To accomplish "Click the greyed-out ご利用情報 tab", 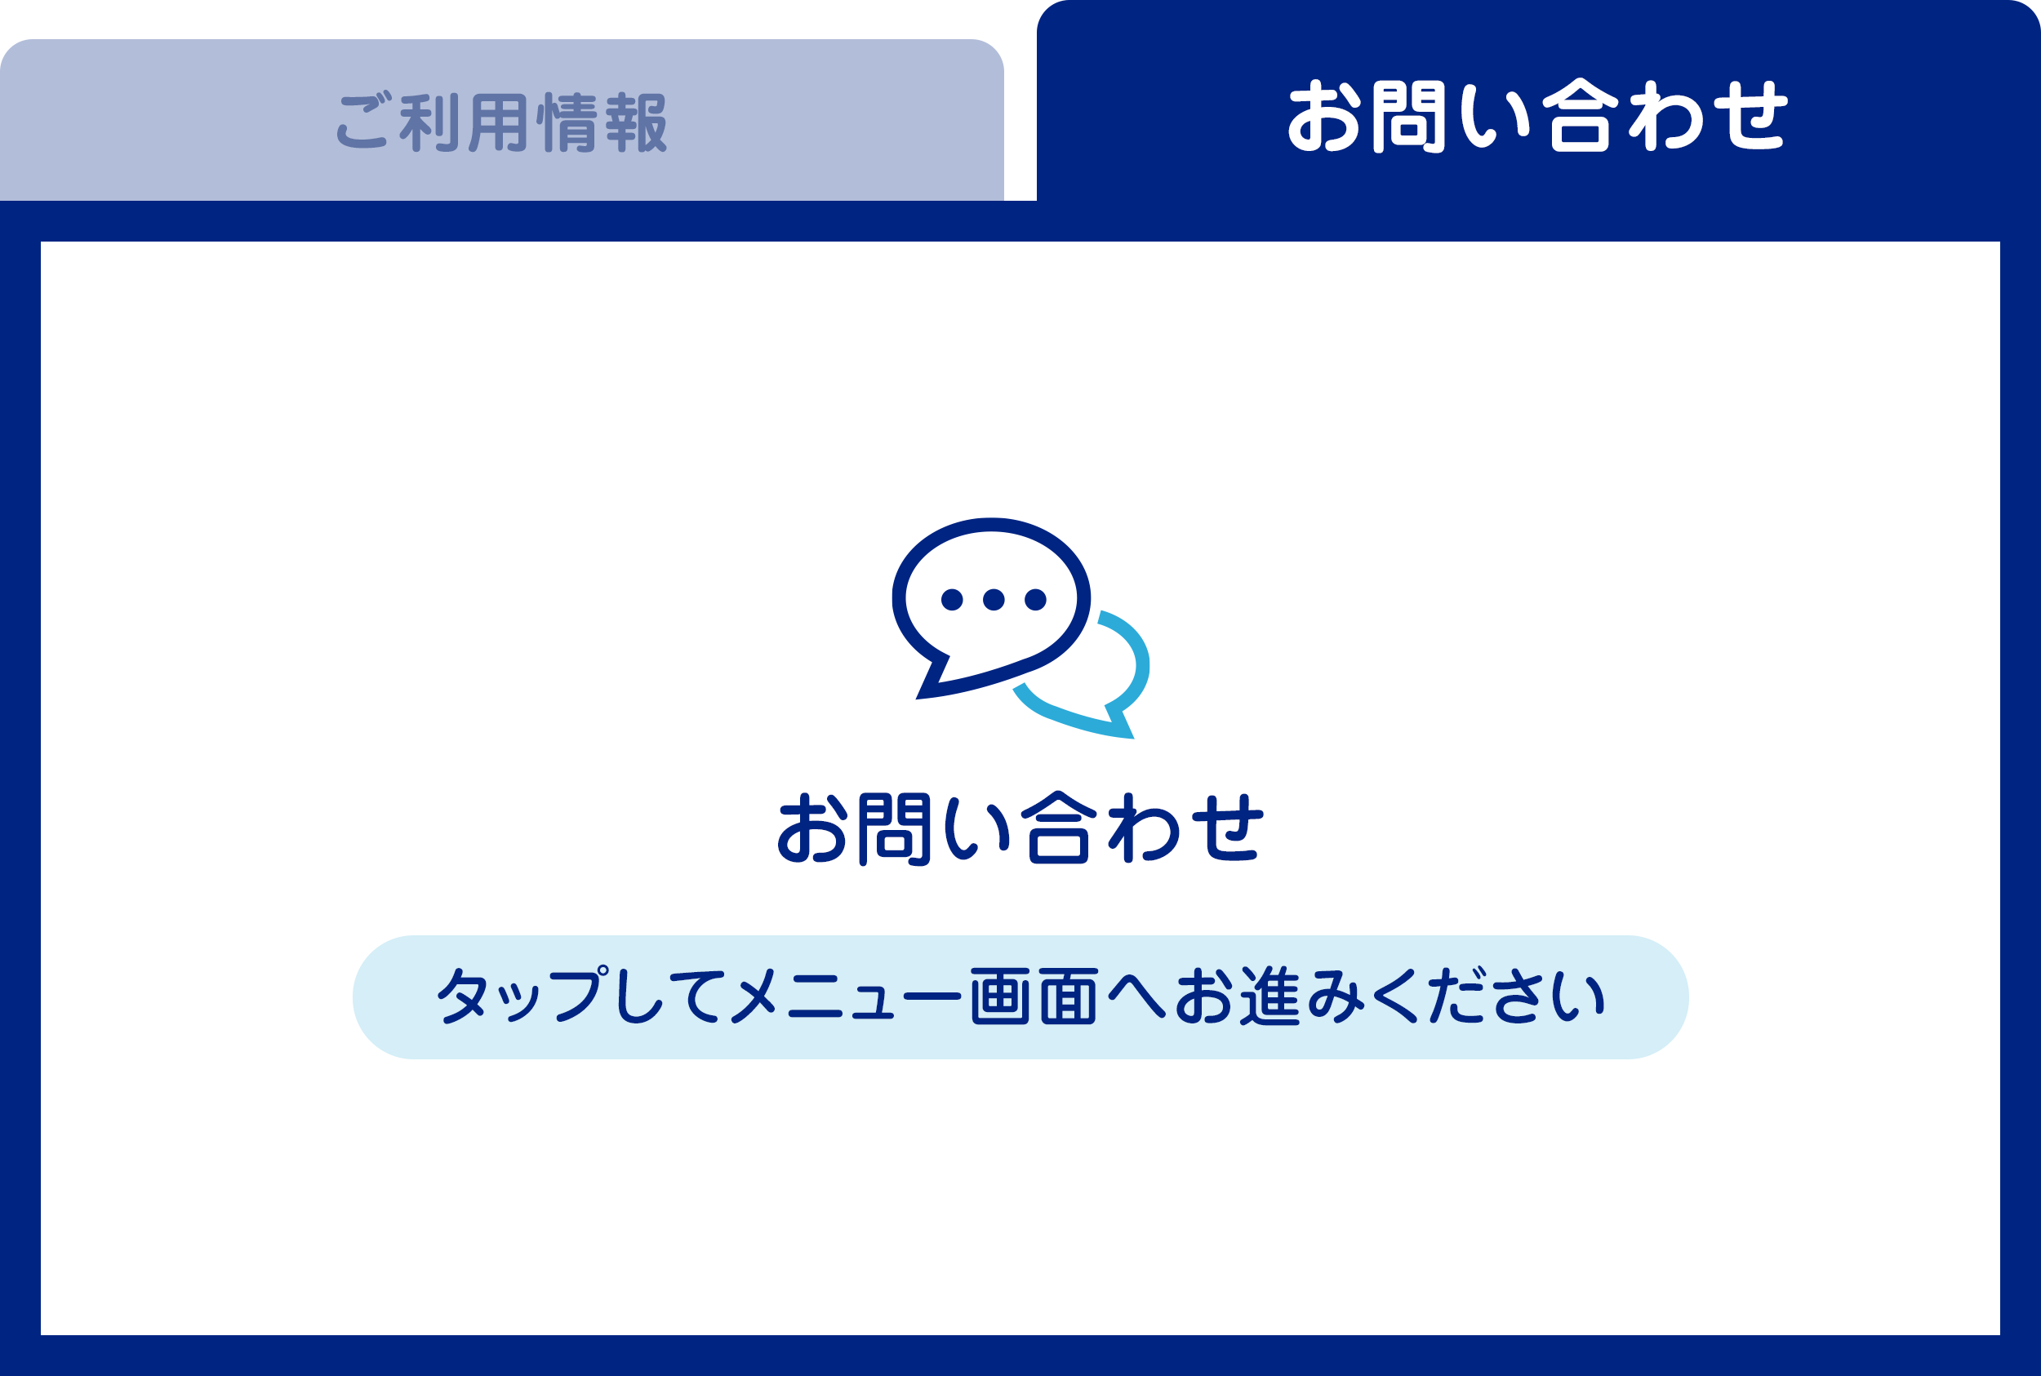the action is [501, 121].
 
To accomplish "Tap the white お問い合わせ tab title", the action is [1537, 116].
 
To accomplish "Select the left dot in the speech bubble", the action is [952, 599].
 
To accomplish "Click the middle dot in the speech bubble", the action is [994, 599].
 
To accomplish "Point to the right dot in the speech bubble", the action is [1036, 599].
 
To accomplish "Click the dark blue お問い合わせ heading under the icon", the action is [1020, 828].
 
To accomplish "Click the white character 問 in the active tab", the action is [1409, 117].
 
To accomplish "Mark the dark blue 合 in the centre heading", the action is [1059, 828].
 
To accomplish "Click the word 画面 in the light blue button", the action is [1035, 996].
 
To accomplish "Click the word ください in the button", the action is [1489, 996].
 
